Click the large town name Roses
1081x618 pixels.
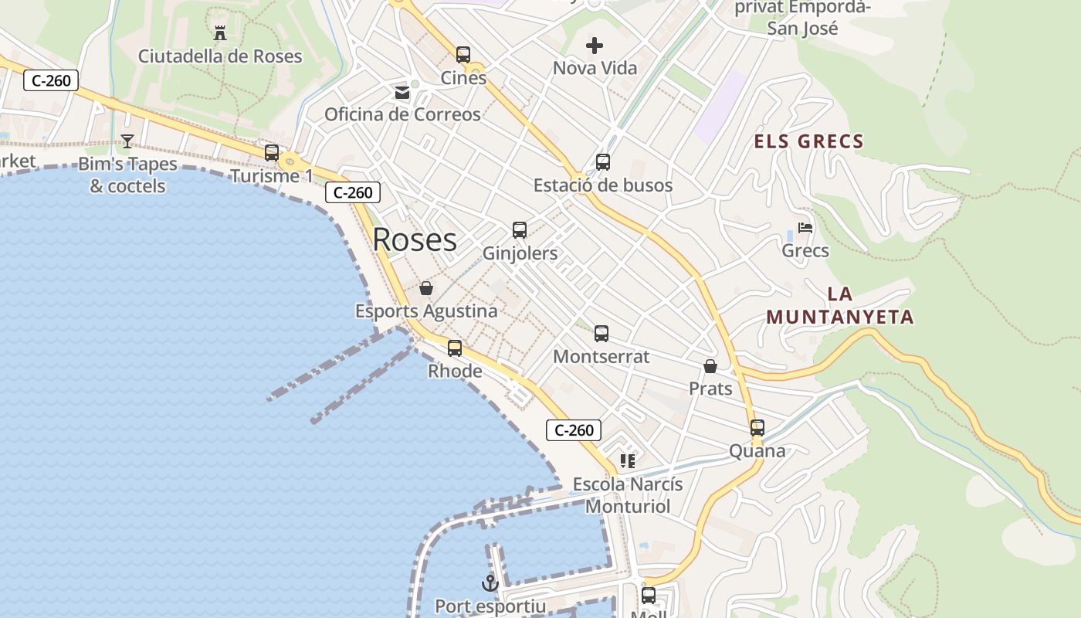tap(415, 240)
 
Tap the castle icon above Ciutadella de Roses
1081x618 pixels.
tap(220, 32)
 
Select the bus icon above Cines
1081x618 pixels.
tap(463, 55)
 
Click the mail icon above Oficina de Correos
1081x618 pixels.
tap(402, 93)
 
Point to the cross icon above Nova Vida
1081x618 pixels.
tap(595, 46)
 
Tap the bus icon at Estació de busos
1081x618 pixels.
tap(603, 162)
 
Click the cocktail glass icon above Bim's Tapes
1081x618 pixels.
tap(127, 141)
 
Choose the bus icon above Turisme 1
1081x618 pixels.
tap(272, 153)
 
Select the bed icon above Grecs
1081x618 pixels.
tap(805, 228)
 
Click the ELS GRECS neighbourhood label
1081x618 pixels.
tap(808, 141)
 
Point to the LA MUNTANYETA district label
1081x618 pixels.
tap(840, 306)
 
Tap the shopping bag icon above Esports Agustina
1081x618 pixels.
tap(425, 288)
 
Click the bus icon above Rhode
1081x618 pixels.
tap(455, 348)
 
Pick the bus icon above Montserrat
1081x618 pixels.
tap(601, 334)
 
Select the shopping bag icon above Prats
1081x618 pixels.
tap(710, 366)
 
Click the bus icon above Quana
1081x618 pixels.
tap(757, 428)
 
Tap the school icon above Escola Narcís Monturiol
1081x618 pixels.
tap(628, 461)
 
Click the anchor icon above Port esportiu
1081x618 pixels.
tap(490, 583)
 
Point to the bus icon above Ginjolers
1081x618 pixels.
tap(520, 230)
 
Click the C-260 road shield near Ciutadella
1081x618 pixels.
tap(52, 80)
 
